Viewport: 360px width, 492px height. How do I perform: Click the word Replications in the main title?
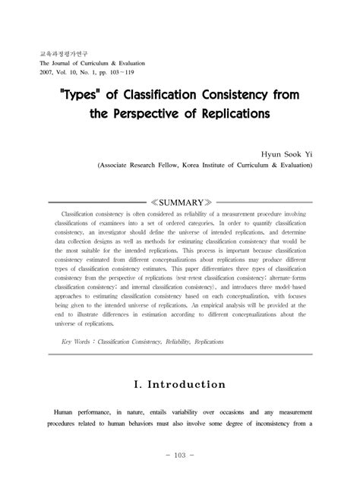pos(227,115)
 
